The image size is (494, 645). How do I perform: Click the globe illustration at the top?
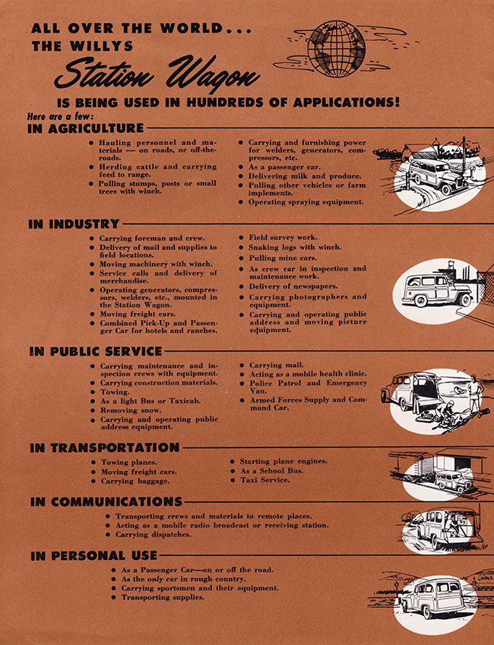pyautogui.click(x=336, y=48)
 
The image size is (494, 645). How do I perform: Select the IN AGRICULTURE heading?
pyautogui.click(x=86, y=128)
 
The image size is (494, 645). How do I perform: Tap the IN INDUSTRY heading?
pyautogui.click(x=74, y=224)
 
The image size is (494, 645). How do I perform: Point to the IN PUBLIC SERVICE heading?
pyautogui.click(x=96, y=352)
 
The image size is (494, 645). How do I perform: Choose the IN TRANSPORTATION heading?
pyautogui.click(x=105, y=447)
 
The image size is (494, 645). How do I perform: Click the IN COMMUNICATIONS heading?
pyautogui.click(x=106, y=502)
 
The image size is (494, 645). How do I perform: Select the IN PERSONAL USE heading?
pyautogui.click(x=93, y=556)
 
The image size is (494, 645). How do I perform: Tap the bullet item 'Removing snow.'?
pyautogui.click(x=130, y=409)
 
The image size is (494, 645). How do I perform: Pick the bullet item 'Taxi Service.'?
pyautogui.click(x=264, y=480)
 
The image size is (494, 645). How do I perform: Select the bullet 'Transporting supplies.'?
pyautogui.click(x=163, y=597)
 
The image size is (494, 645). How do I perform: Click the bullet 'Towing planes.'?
pyautogui.click(x=128, y=462)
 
